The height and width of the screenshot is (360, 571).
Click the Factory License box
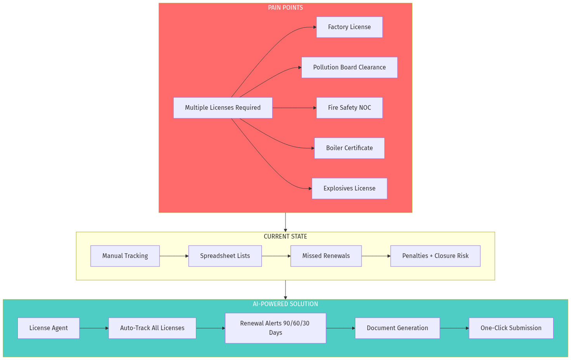(x=349, y=27)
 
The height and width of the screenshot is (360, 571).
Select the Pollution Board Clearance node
(x=349, y=67)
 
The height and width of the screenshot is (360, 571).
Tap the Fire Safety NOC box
(x=349, y=108)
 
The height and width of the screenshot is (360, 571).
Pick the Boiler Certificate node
(x=349, y=148)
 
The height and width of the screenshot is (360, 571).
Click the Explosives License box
(x=349, y=189)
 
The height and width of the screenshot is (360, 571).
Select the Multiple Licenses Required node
(x=223, y=108)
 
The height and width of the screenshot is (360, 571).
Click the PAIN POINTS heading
(x=285, y=8)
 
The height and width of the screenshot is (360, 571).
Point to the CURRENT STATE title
(x=285, y=237)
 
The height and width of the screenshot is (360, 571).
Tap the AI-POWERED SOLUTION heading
(x=285, y=304)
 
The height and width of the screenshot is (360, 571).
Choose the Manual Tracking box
(x=125, y=256)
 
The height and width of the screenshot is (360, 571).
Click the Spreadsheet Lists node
(x=225, y=256)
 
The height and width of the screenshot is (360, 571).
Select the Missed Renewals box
(x=326, y=256)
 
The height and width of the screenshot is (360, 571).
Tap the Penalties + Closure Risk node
(x=435, y=256)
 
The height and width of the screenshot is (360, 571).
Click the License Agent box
(x=48, y=328)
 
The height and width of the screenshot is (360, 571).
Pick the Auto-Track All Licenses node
(x=152, y=328)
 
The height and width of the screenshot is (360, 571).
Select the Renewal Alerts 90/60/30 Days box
(x=275, y=328)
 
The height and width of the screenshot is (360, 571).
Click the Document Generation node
(x=397, y=328)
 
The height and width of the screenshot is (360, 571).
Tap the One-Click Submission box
(x=511, y=328)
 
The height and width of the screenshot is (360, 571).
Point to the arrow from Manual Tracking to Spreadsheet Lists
(x=174, y=256)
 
